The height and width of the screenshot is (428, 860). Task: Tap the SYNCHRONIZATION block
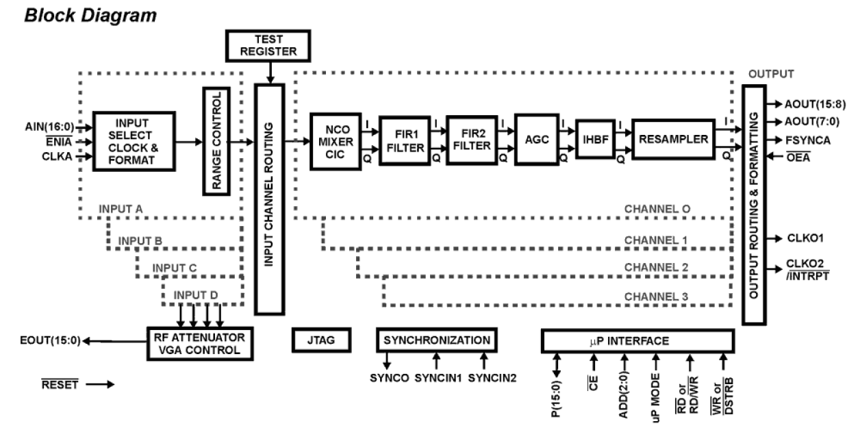[x=436, y=340]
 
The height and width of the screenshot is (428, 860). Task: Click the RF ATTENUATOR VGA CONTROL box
[x=200, y=342]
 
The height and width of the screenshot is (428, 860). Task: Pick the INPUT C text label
[x=174, y=267]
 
